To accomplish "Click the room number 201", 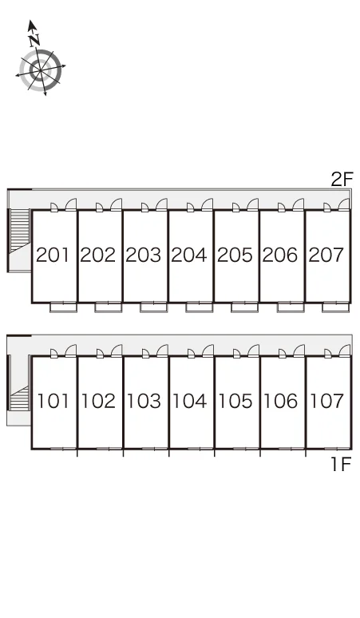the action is point(53,255).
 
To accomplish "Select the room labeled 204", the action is point(189,255).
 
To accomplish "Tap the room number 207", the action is point(326,255).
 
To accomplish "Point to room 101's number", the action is point(53,401).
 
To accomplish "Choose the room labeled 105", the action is point(235,401).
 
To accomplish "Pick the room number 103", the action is point(144,401).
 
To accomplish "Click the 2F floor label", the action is point(342,180).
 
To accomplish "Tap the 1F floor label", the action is point(341,464).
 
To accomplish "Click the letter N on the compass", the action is point(34,39).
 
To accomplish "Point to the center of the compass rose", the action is point(41,70).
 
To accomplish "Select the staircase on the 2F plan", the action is point(20,231).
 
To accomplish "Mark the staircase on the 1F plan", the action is point(20,399).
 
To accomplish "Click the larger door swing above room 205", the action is point(252,205).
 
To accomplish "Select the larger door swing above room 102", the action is point(117,351).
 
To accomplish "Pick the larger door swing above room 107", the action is point(344,351).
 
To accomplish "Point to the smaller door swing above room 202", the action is point(100,208).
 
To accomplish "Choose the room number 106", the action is point(281,401).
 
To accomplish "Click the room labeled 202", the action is point(98,255).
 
